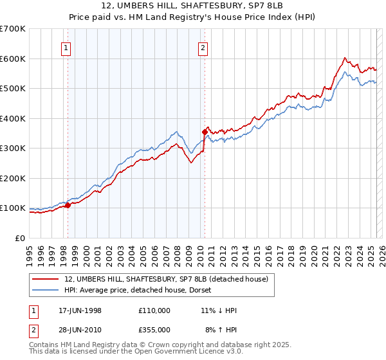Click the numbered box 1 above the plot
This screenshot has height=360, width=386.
click(67, 47)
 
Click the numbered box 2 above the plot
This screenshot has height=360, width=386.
click(203, 47)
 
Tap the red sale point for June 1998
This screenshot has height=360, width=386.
click(68, 206)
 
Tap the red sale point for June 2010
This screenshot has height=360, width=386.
click(205, 132)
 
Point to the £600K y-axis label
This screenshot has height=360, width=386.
click(13, 59)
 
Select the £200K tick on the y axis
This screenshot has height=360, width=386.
click(13, 178)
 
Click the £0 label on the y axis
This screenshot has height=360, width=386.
click(19, 238)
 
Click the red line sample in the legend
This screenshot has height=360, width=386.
click(46, 278)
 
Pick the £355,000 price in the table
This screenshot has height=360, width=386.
click(154, 329)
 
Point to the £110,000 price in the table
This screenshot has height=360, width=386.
click(154, 310)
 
